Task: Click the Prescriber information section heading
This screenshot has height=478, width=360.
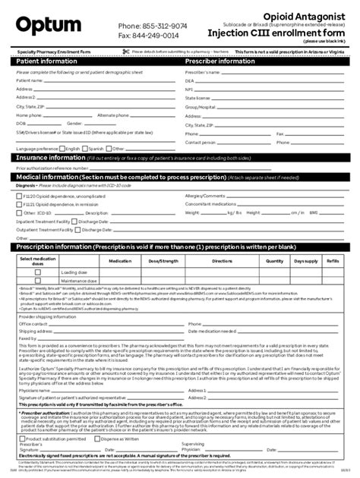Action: click(x=220, y=61)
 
